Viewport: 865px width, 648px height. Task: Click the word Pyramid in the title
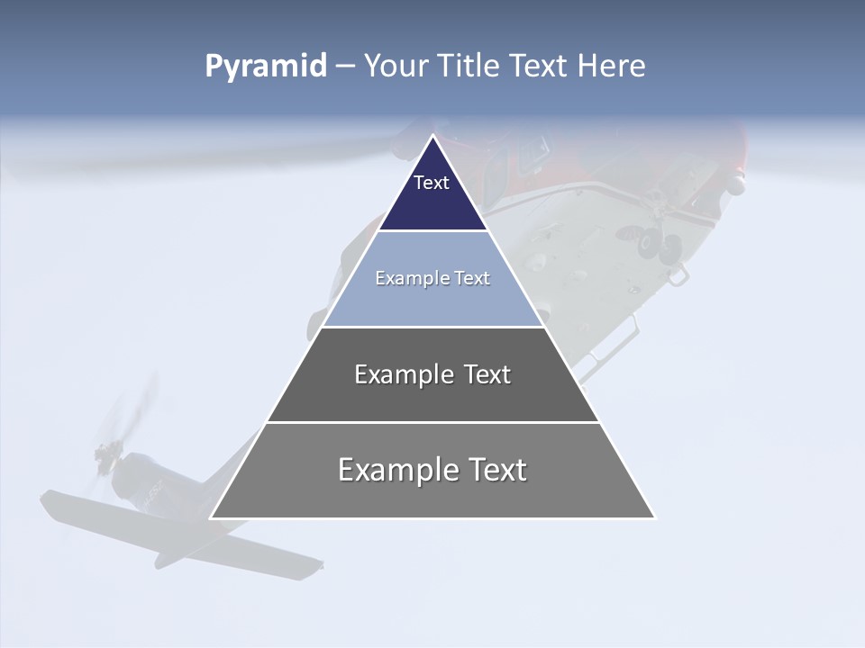pyautogui.click(x=266, y=67)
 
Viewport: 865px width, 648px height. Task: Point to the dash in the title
pyautogui.click(x=345, y=67)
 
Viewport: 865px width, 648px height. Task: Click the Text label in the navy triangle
pyautogui.click(x=432, y=183)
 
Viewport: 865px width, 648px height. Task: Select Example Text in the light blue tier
pyautogui.click(x=432, y=278)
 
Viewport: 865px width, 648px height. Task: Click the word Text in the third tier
pyautogui.click(x=487, y=374)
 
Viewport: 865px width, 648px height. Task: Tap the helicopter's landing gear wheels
pyautogui.click(x=658, y=245)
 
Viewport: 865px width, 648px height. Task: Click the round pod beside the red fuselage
pyautogui.click(x=736, y=186)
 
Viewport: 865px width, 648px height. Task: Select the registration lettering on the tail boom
pyautogui.click(x=149, y=491)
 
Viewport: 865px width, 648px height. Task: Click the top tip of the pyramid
pyautogui.click(x=432, y=136)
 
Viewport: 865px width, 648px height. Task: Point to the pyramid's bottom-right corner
pyautogui.click(x=654, y=517)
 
